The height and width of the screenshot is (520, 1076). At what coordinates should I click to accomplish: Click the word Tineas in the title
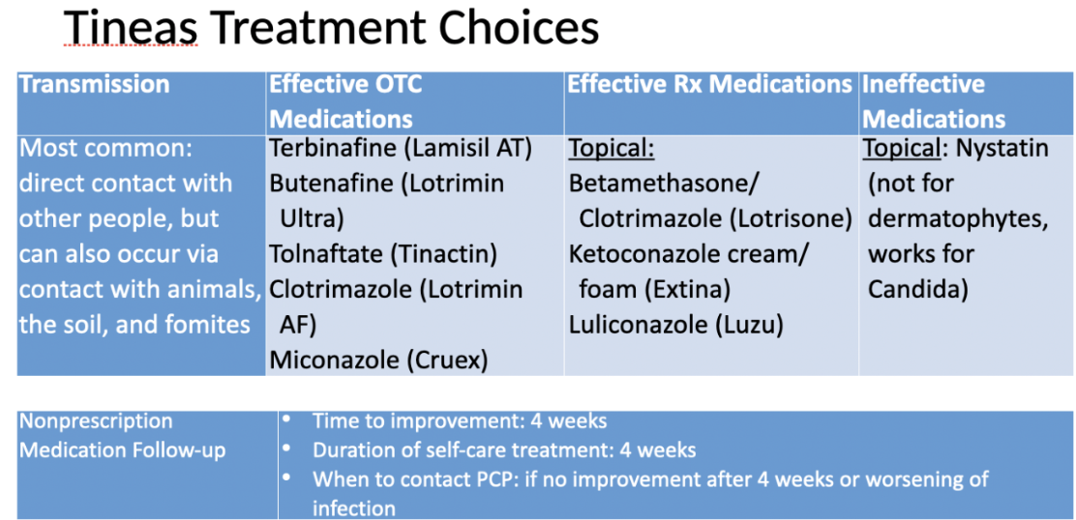[131, 28]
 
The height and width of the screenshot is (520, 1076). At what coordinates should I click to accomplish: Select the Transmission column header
[94, 84]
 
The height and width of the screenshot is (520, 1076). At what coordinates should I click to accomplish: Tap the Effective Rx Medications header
[709, 84]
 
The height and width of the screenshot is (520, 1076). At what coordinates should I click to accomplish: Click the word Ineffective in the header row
[923, 84]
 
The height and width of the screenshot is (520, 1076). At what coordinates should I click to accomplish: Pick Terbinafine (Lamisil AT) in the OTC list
[401, 149]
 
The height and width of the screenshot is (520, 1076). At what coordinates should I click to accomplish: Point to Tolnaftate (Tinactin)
[383, 255]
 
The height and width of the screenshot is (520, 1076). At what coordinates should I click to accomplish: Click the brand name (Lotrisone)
[791, 219]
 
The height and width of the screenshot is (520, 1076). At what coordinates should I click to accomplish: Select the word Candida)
[918, 290]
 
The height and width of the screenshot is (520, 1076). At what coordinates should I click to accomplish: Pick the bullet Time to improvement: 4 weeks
[460, 420]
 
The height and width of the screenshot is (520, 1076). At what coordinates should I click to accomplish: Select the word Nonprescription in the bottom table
[96, 420]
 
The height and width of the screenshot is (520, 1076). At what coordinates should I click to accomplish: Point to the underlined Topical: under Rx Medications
[612, 150]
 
